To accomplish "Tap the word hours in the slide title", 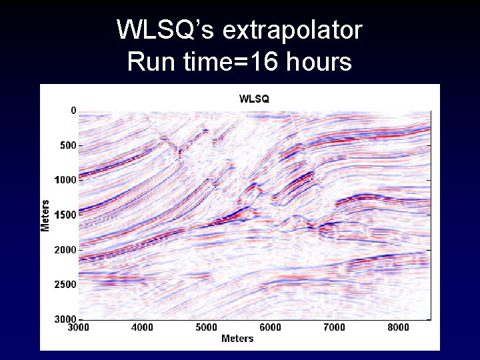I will (x=319, y=62).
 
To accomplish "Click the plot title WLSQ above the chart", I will (x=254, y=99).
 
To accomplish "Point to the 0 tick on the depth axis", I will (x=73, y=111).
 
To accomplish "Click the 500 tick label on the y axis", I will (x=67, y=145).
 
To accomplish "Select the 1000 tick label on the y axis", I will (x=65, y=180).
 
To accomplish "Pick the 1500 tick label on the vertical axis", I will (x=65, y=215).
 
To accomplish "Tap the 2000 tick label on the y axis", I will (x=65, y=249).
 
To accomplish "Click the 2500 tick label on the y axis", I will (x=65, y=285).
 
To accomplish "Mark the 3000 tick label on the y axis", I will (x=65, y=319).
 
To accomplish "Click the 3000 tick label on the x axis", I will (x=79, y=327).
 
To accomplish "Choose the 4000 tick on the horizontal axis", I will (x=142, y=327).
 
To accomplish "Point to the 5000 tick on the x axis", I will (x=206, y=327).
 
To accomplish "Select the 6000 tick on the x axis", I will (x=270, y=327).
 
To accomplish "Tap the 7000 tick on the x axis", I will (x=334, y=327).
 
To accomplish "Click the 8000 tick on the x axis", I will (x=398, y=327).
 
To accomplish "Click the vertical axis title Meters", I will (x=45, y=215).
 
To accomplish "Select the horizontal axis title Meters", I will (x=237, y=339).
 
